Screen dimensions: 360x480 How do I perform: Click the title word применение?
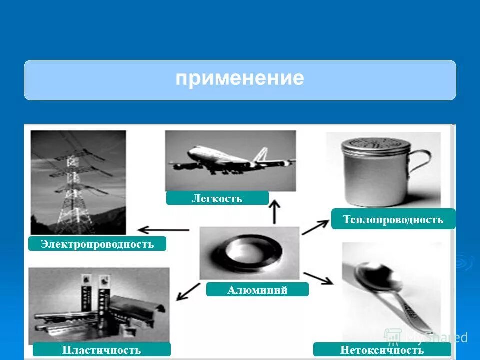[x=239, y=79]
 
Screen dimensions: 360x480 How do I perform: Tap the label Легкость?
[x=217, y=198]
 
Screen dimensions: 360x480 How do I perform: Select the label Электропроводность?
[x=97, y=244]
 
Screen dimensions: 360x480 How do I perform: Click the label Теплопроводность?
[x=393, y=219]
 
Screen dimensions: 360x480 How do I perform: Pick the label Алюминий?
[x=257, y=290]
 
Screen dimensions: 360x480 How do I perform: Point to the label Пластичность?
[x=101, y=350]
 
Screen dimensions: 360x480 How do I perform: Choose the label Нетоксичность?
[x=382, y=350]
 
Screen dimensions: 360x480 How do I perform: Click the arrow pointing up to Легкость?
[x=274, y=212]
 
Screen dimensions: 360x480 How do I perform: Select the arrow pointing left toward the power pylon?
[x=163, y=230]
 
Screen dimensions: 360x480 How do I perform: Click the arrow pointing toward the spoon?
[x=318, y=278]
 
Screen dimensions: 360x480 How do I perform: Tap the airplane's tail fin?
[x=261, y=155]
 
